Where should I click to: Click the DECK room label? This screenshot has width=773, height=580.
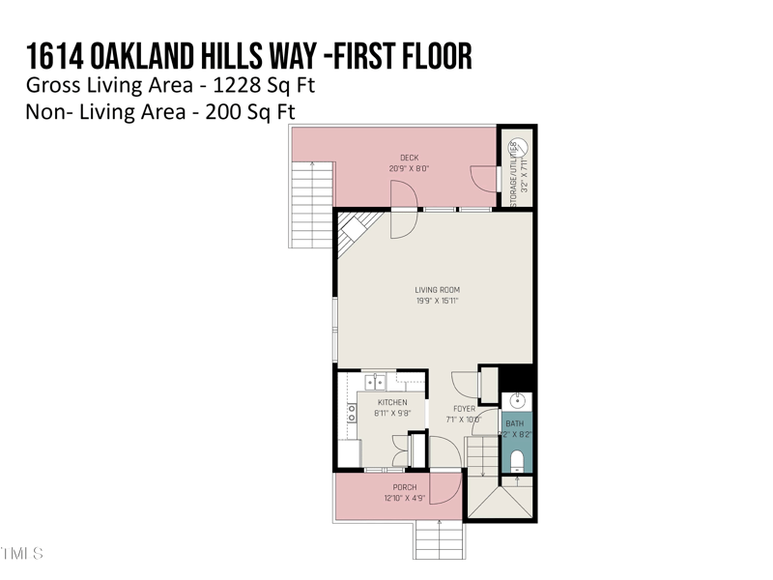tap(410, 158)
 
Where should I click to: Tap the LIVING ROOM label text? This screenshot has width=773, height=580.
tap(436, 289)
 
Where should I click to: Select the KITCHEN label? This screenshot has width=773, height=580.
tap(392, 402)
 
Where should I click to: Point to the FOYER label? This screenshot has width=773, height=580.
tap(465, 409)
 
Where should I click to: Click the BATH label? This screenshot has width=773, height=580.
tap(517, 422)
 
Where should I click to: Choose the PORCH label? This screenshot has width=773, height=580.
tap(404, 487)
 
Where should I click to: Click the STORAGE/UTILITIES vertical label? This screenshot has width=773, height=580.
tap(513, 170)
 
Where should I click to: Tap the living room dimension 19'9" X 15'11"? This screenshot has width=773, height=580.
tap(436, 301)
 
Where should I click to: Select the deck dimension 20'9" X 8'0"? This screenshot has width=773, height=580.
tap(410, 168)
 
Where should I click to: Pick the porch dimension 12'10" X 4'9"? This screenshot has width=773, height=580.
tap(404, 497)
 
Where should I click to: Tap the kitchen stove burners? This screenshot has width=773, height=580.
tap(352, 414)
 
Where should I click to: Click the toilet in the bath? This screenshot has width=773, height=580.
tap(517, 459)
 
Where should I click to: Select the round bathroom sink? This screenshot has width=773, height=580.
tap(517, 399)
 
